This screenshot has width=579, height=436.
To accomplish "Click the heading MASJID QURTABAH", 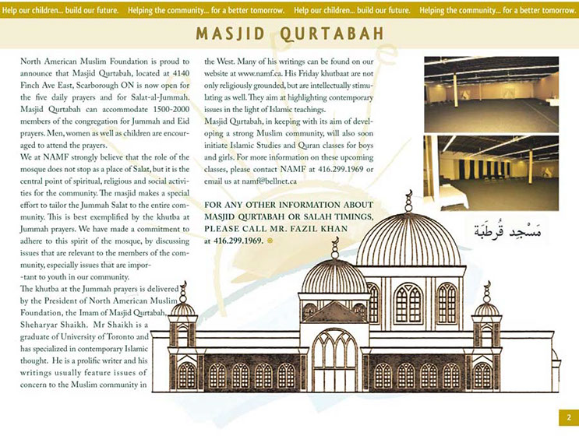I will pos(289,34).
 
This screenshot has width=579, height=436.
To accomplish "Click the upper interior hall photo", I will pos(491,94).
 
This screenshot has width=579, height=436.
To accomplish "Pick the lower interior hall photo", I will pos(491,173).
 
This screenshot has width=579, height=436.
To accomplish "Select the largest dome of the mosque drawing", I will pos(408,243).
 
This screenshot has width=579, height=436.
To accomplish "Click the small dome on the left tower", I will pos(183,309).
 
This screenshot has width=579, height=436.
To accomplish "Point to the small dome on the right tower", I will pos(486,309).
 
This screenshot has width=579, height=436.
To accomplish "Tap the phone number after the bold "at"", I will pos(238,241).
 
